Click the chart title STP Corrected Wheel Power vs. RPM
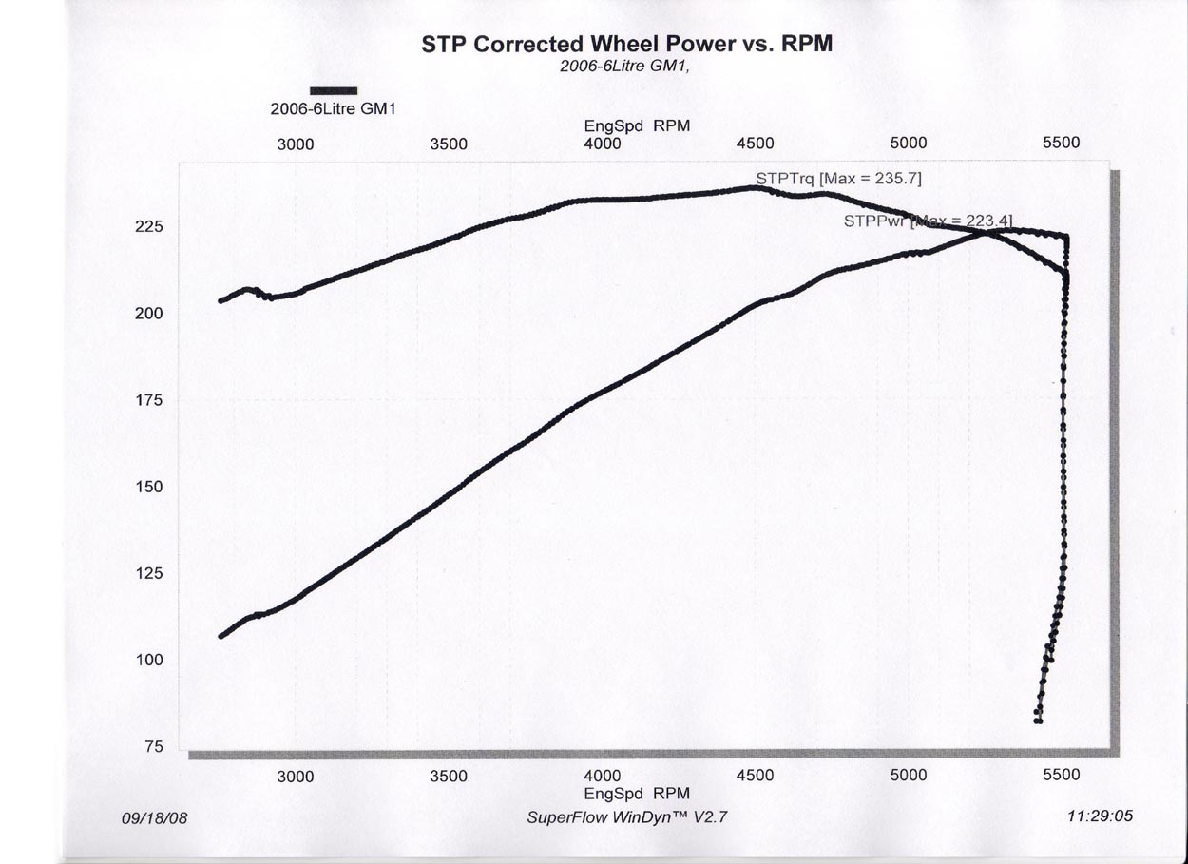[x=627, y=45]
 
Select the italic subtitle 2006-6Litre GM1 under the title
[x=624, y=67]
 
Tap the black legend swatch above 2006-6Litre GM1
[x=334, y=91]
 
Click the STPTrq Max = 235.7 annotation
[x=838, y=178]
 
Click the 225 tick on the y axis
[x=150, y=227]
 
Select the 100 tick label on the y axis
[x=150, y=661]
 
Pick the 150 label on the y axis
[x=150, y=488]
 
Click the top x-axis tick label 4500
[x=756, y=144]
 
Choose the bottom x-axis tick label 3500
[x=449, y=776]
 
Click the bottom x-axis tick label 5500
[x=1062, y=776]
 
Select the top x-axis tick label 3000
[x=296, y=144]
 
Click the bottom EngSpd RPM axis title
[x=637, y=794]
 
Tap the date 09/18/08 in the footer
[x=155, y=817]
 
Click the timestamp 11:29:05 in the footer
[x=1101, y=816]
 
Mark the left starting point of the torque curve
[x=221, y=300]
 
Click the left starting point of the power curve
[x=221, y=636]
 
